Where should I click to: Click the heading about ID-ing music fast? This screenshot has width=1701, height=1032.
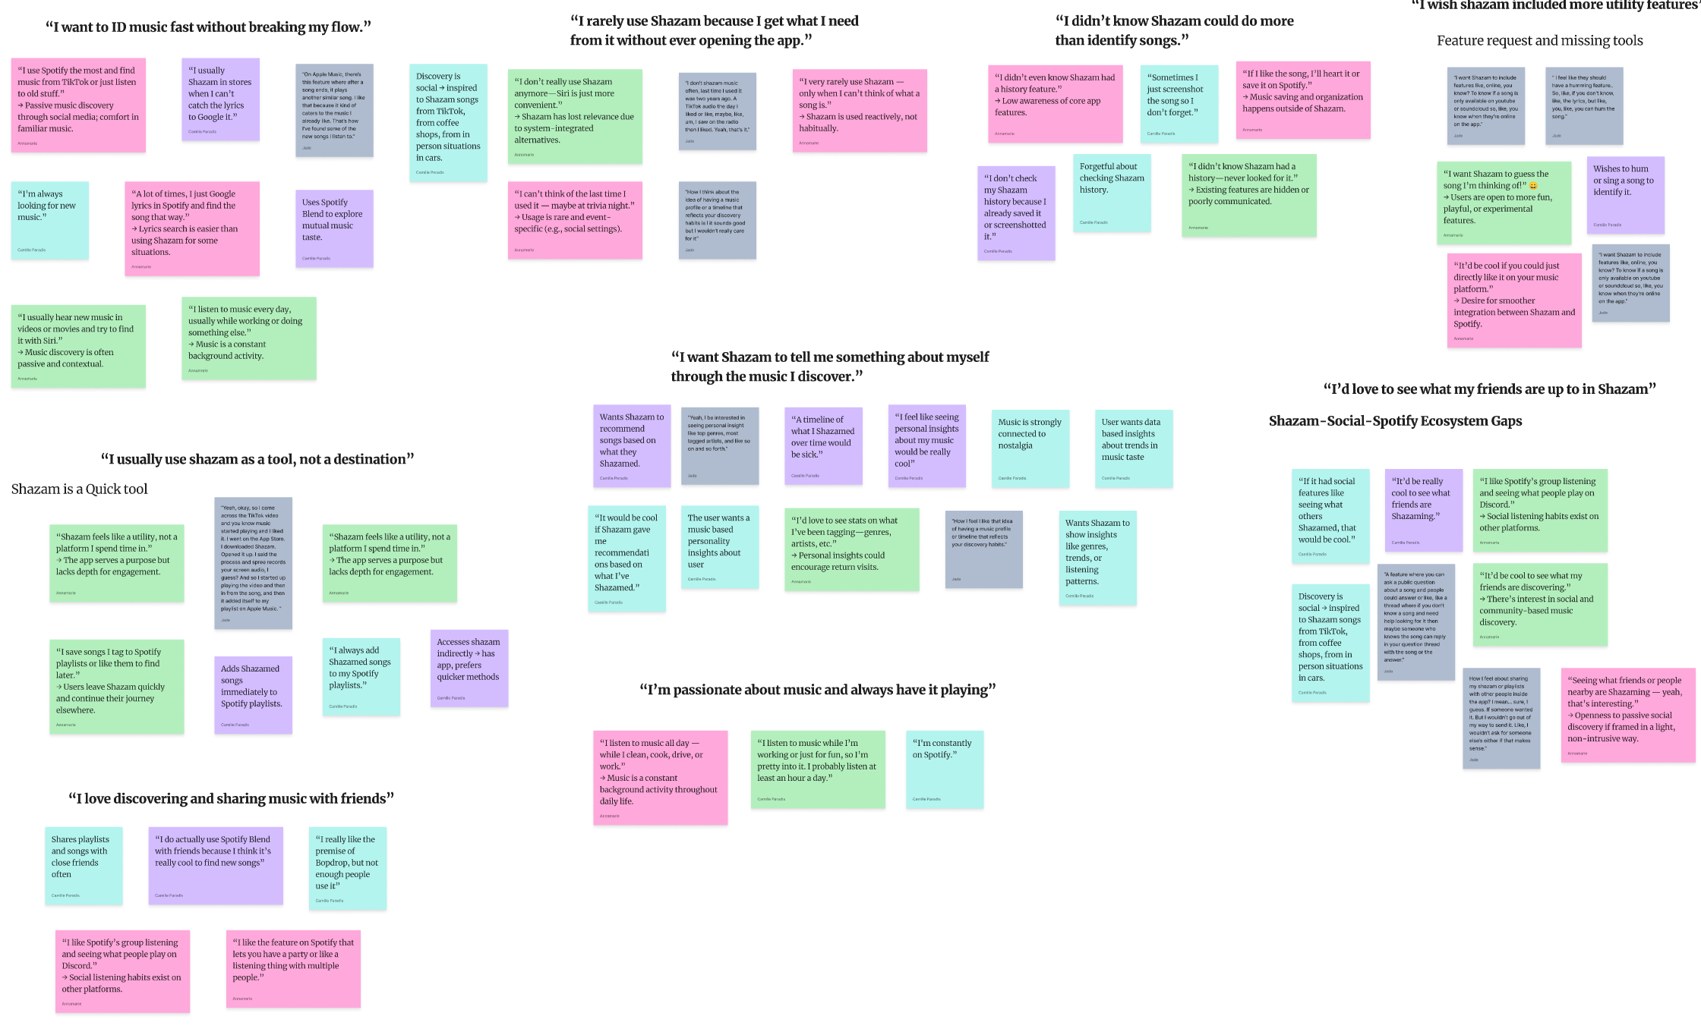pyautogui.click(x=208, y=27)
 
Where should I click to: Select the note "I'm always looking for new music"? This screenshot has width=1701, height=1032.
pyautogui.click(x=49, y=220)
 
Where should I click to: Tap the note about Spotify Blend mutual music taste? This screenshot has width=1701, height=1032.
pyautogui.click(x=334, y=228)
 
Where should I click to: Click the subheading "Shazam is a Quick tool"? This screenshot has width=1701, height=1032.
pyautogui.click(x=80, y=489)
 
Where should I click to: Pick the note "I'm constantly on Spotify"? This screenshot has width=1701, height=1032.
pyautogui.click(x=944, y=769)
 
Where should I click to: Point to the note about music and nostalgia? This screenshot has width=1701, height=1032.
pyautogui.click(x=1030, y=448)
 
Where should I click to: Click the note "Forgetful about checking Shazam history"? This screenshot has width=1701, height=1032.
pyautogui.click(x=1111, y=193)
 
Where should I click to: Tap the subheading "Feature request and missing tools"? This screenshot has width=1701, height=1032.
pyautogui.click(x=1539, y=41)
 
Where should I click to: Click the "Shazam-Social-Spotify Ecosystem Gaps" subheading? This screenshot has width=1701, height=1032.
pyautogui.click(x=1395, y=421)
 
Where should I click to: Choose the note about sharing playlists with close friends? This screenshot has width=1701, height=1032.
pyautogui.click(x=84, y=865)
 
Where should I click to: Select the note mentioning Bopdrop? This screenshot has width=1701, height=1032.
pyautogui.click(x=348, y=868)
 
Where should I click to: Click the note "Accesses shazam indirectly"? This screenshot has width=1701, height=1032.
pyautogui.click(x=469, y=668)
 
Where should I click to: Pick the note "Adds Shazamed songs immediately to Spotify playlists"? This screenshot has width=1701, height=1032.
pyautogui.click(x=253, y=694)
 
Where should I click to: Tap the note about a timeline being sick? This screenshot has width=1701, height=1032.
pyautogui.click(x=823, y=445)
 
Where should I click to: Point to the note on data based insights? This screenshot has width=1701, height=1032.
pyautogui.click(x=1134, y=448)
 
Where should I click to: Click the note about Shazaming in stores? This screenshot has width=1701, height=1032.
pyautogui.click(x=220, y=99)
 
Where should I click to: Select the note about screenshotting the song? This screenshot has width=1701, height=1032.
pyautogui.click(x=1179, y=103)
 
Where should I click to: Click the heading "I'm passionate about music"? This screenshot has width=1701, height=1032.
pyautogui.click(x=817, y=690)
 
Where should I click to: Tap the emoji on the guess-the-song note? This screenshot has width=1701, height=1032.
pyautogui.click(x=1533, y=186)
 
